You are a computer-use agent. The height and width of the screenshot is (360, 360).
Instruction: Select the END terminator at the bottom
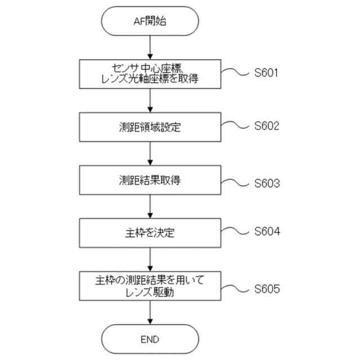(x=150, y=339)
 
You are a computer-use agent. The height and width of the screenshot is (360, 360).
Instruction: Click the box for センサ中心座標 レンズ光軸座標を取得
(x=150, y=74)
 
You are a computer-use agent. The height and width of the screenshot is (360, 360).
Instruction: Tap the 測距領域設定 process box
(x=150, y=127)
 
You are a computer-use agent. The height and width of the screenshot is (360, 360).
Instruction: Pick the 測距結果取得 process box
(x=150, y=180)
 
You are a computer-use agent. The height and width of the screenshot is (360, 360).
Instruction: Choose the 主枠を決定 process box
(x=150, y=232)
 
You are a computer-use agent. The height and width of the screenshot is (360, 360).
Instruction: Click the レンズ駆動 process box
(x=150, y=285)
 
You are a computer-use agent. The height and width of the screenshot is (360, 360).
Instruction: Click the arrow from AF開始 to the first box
(x=150, y=48)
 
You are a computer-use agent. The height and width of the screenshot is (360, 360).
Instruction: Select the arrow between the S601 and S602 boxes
(x=150, y=101)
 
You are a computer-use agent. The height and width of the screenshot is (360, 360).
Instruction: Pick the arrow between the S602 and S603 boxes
(x=150, y=154)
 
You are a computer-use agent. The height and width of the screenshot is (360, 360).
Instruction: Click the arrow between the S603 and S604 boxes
(x=150, y=206)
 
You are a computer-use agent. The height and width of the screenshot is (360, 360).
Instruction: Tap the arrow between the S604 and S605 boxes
(x=150, y=258)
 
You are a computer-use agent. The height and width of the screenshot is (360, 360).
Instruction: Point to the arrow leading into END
(x=150, y=312)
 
